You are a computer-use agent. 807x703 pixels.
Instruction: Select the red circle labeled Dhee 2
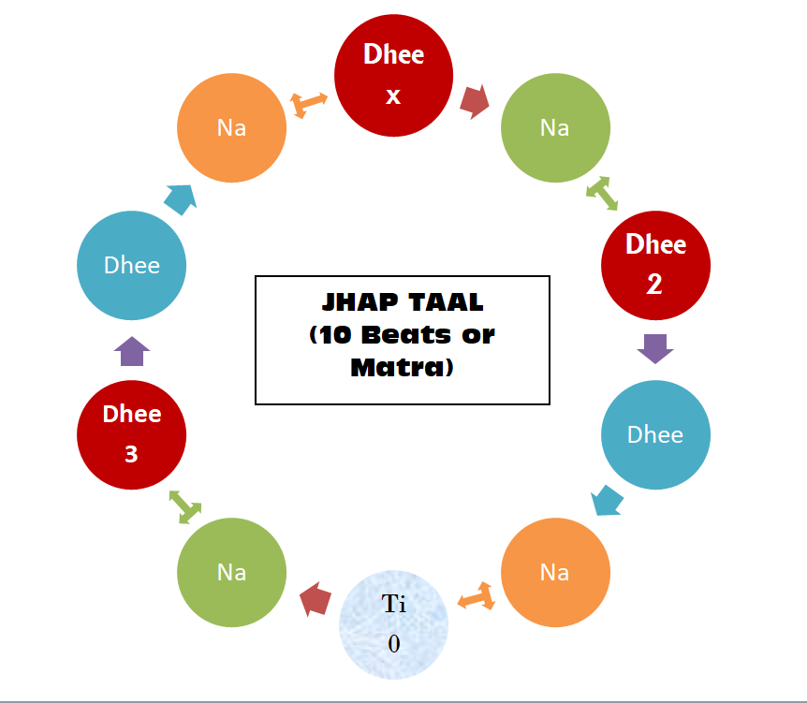pos(655,265)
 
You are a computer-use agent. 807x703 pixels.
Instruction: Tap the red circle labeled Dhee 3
pos(132,434)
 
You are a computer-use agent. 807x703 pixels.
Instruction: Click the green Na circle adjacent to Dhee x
pos(555,127)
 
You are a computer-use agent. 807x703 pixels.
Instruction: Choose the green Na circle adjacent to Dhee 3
pos(231,571)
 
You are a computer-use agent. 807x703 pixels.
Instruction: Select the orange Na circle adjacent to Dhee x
pos(231,127)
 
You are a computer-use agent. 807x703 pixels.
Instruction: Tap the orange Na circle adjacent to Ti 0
pos(555,571)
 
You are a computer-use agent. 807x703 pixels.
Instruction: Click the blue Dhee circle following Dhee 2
pos(655,434)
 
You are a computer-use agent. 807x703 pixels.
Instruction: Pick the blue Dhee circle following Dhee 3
pos(132,265)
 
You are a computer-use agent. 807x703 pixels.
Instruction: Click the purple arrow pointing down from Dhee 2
pos(655,349)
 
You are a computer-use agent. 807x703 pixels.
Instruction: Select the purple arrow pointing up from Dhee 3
pos(132,351)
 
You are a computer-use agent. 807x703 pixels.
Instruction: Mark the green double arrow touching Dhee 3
pos(184,506)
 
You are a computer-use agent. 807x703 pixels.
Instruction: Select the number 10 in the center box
pos(335,336)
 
